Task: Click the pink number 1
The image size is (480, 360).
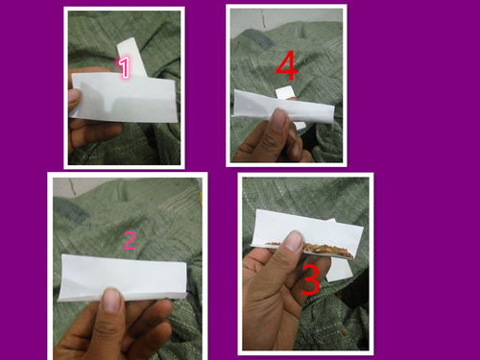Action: [x=124, y=67]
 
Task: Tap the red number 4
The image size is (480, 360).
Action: [x=287, y=65]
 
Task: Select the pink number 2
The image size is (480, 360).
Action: [x=130, y=240]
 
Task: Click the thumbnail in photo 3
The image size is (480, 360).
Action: [x=294, y=240]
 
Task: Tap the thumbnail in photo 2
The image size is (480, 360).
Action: [x=112, y=300]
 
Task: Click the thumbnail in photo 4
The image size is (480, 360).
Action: [x=278, y=119]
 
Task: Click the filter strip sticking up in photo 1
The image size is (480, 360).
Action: [x=132, y=57]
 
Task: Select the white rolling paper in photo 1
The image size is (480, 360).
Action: [x=124, y=97]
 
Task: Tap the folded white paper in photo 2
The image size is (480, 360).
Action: [x=123, y=278]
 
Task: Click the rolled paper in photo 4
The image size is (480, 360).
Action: [x=283, y=107]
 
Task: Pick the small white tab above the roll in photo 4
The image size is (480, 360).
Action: [x=285, y=92]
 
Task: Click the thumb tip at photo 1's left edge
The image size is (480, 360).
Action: [x=74, y=97]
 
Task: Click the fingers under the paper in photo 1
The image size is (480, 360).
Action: [x=93, y=132]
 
